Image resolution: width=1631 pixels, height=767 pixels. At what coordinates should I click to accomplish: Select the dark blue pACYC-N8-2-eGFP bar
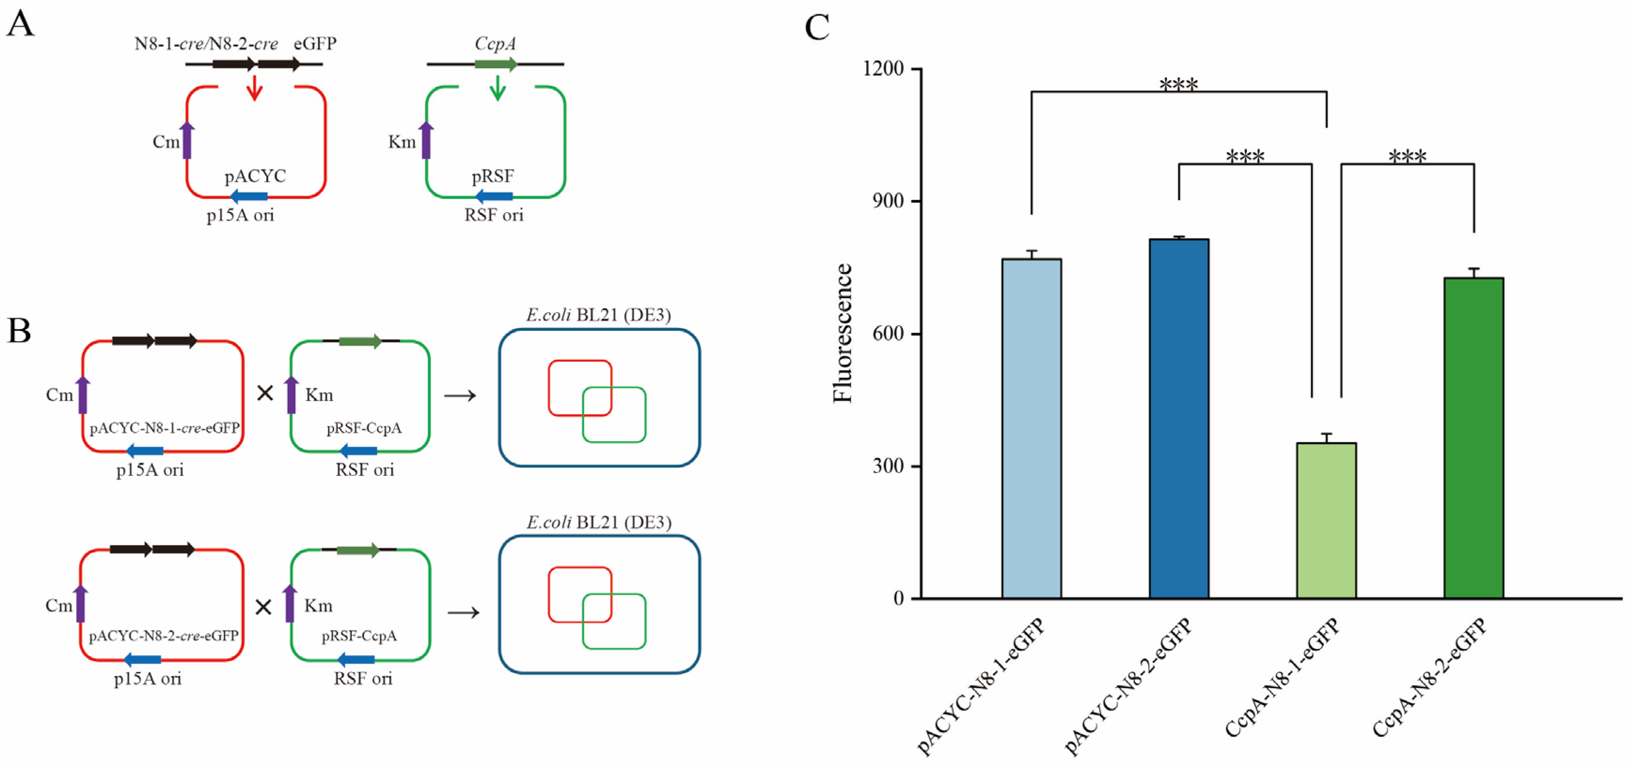coord(1179,418)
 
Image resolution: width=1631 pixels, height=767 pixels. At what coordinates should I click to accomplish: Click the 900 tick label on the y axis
coord(889,201)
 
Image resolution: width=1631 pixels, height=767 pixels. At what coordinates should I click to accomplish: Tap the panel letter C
coord(817,28)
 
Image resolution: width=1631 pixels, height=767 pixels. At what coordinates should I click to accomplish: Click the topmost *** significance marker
coord(1178,84)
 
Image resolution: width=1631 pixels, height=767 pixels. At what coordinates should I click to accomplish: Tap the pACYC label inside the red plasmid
coord(255,176)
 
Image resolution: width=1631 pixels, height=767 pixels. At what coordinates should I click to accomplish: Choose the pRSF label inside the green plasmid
coord(493,176)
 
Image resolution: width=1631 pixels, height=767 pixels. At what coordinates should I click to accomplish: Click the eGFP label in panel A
coord(315,44)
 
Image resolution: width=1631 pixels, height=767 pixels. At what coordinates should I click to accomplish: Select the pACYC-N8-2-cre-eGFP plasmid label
coord(163,636)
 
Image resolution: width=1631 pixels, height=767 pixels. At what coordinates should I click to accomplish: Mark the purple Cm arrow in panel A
coord(187,140)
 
